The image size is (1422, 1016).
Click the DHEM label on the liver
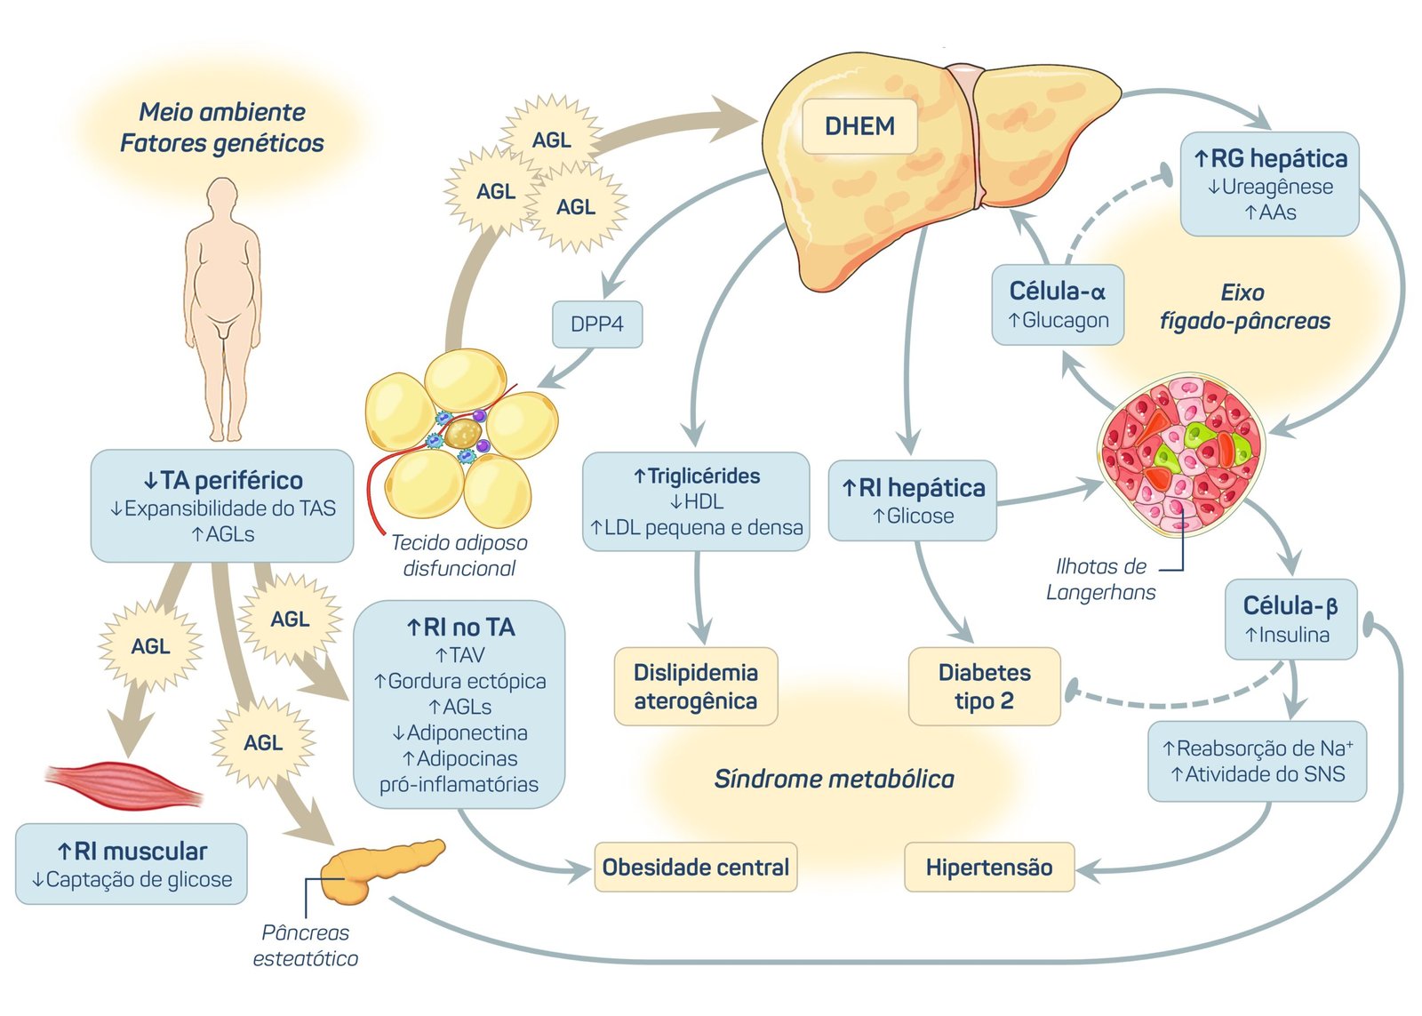[859, 126]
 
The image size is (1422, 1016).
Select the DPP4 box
[597, 324]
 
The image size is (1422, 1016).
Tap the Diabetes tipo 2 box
[984, 686]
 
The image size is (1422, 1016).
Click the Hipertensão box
[989, 868]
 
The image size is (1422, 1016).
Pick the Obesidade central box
[695, 868]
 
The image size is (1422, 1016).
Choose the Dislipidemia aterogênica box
[695, 686]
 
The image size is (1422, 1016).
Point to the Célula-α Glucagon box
[1058, 305]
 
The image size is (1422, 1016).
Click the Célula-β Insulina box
[1290, 620]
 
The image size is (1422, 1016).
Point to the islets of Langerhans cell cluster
[1180, 453]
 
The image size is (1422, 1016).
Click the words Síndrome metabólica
[834, 780]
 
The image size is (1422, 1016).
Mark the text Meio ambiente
[222, 112]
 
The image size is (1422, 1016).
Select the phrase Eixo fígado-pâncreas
[1244, 307]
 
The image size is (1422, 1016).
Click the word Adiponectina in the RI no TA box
[459, 732]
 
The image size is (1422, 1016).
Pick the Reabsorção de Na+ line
[1257, 748]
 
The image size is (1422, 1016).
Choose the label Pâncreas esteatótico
[305, 946]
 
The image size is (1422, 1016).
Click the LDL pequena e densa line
[696, 528]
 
